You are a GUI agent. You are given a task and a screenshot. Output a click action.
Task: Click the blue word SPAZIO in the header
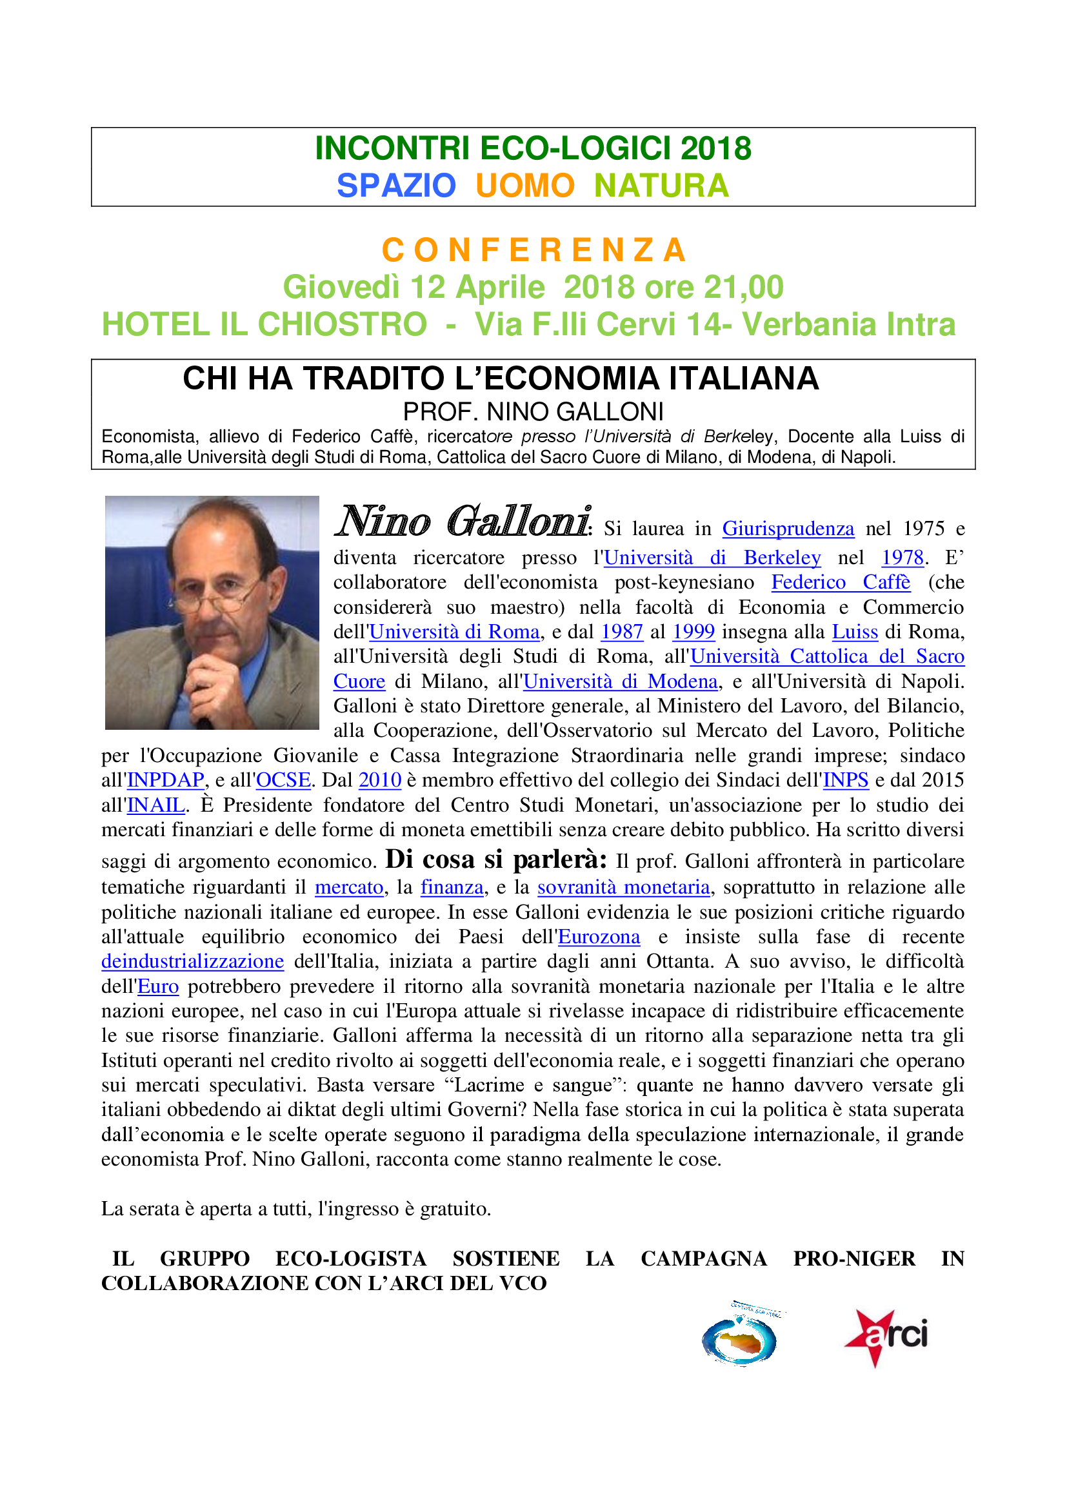click(x=396, y=186)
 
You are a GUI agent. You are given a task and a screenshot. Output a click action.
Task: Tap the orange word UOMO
click(x=525, y=186)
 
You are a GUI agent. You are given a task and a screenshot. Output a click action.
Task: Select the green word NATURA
click(x=661, y=186)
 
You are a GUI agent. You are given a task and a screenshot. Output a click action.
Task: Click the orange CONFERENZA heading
click(x=533, y=250)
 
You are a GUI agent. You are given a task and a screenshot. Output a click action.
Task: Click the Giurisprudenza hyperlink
click(x=788, y=529)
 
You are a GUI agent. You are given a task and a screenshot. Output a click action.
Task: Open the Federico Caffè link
click(x=841, y=583)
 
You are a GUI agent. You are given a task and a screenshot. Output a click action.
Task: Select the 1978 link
click(x=902, y=558)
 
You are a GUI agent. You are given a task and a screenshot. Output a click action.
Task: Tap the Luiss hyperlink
click(x=854, y=632)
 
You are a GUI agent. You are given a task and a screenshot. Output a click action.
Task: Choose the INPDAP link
click(x=166, y=780)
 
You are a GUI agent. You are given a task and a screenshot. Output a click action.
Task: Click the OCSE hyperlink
click(x=283, y=780)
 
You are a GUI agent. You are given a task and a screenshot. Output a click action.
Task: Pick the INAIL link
click(x=155, y=805)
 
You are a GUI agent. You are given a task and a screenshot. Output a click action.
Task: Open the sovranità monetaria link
click(x=624, y=888)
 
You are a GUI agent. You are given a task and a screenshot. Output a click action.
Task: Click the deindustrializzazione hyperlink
click(x=192, y=961)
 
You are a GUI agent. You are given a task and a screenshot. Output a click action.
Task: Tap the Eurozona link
click(x=599, y=937)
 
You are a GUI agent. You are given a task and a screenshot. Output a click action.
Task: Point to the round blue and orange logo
click(x=739, y=1340)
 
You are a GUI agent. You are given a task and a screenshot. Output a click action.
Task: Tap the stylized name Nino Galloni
click(x=463, y=522)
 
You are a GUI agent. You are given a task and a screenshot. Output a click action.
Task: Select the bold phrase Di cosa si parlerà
click(x=496, y=860)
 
